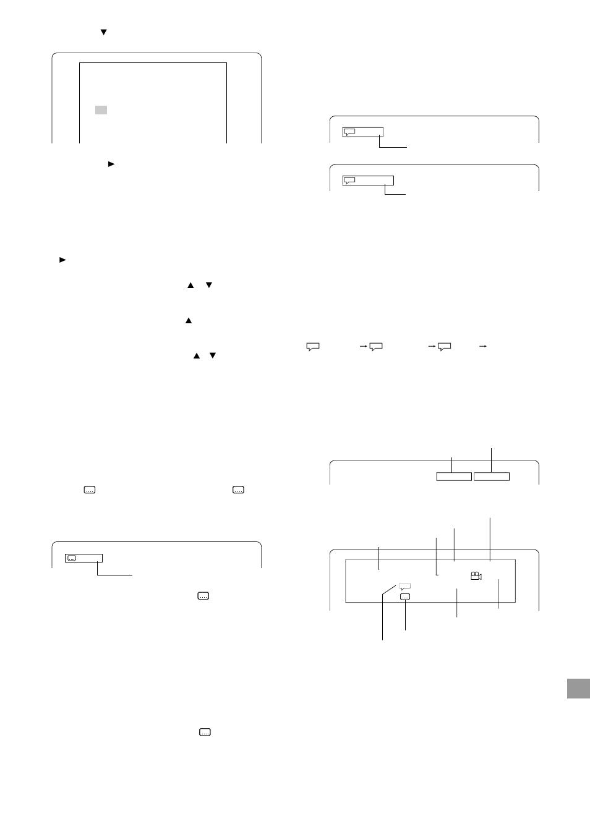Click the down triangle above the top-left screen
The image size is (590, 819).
click(x=104, y=32)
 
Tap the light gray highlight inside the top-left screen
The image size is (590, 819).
click(x=101, y=110)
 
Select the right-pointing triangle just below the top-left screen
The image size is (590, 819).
click(x=111, y=164)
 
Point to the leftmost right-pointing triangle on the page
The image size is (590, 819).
click(x=62, y=260)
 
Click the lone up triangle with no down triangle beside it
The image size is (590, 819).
click(x=189, y=321)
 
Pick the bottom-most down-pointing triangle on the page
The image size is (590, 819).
click(x=213, y=355)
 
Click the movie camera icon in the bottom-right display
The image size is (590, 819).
click(x=476, y=576)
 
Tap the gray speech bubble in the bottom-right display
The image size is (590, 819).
click(x=404, y=585)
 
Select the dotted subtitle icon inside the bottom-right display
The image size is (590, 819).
click(x=405, y=597)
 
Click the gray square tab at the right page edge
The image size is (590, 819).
click(x=578, y=688)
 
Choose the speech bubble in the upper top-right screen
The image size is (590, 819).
click(x=349, y=132)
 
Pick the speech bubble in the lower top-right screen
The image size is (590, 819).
click(x=349, y=180)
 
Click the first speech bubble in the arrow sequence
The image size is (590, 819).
click(x=313, y=347)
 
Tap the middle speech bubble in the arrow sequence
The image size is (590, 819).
click(x=376, y=347)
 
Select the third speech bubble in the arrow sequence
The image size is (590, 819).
click(x=444, y=347)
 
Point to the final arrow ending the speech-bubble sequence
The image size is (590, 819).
click(x=483, y=347)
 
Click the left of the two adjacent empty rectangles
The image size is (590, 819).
click(x=454, y=476)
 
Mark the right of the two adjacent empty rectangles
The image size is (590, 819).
click(x=492, y=476)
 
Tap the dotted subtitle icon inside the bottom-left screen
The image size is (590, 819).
click(x=72, y=558)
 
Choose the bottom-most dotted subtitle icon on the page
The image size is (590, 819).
click(x=205, y=732)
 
